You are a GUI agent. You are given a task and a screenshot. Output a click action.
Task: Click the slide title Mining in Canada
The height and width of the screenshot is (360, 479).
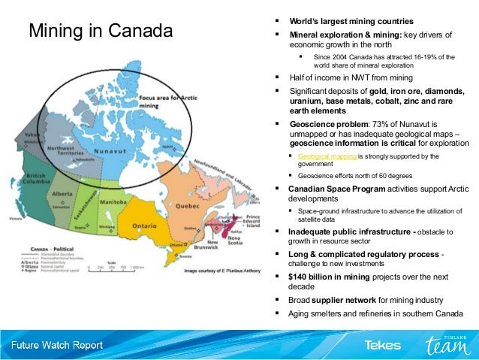pos(100,32)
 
